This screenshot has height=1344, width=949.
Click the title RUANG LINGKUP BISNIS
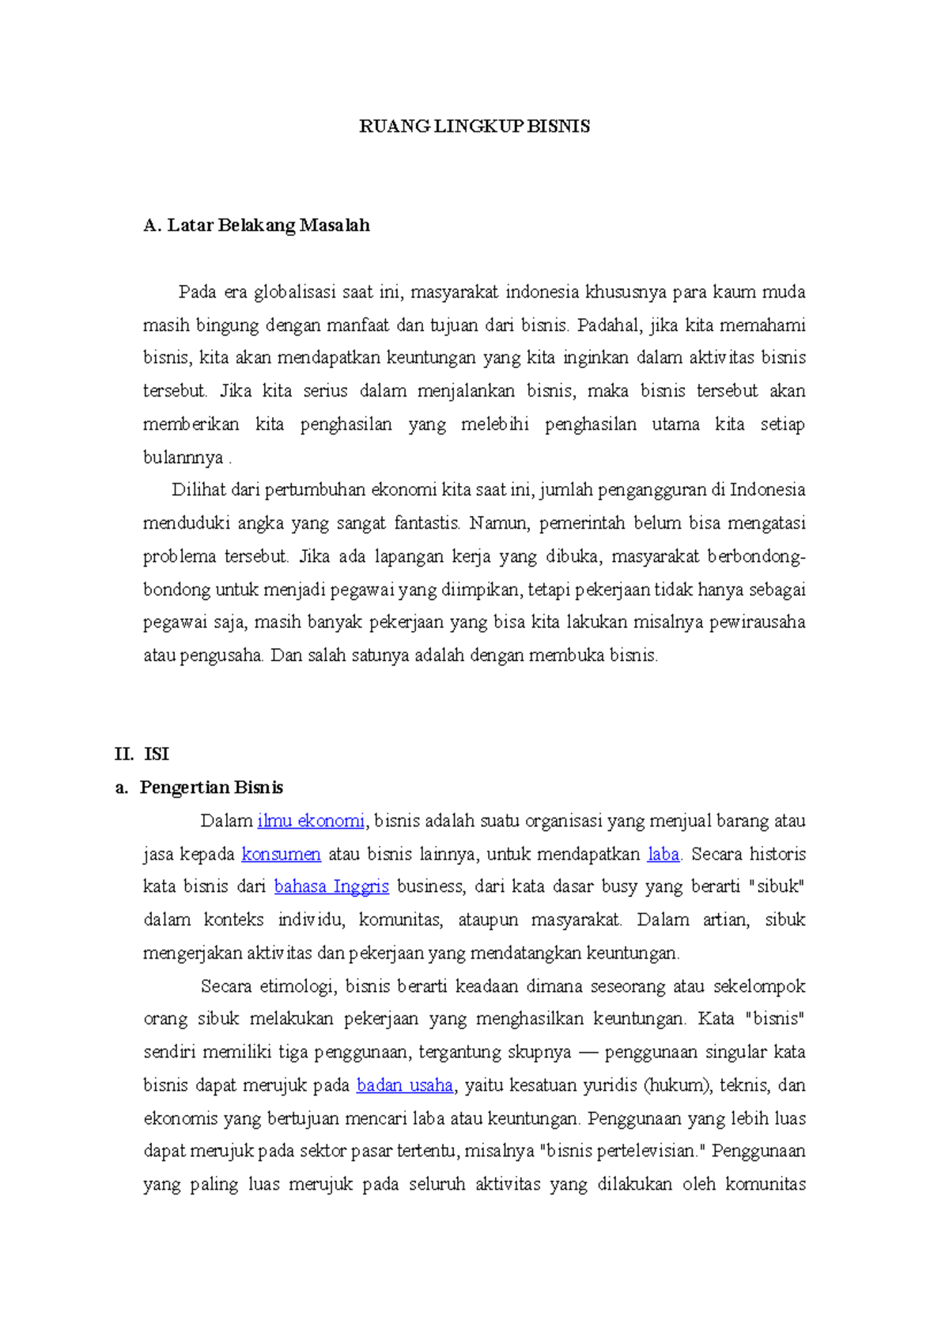coord(475,127)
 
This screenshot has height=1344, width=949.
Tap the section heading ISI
coord(157,754)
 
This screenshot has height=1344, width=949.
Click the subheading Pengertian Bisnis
coord(211,788)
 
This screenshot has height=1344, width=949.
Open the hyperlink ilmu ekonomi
coord(311,821)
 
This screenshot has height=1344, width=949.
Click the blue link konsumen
coord(281,854)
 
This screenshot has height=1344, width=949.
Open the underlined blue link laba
coord(663,854)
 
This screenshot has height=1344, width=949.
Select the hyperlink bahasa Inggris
coord(331,887)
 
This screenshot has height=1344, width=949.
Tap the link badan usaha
coord(405,1085)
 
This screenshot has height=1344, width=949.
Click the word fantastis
coord(427,523)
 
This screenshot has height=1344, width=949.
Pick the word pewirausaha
coord(757,622)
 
